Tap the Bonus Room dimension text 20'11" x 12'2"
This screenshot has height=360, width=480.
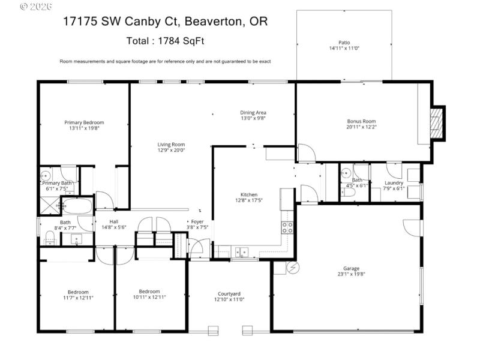[x=361, y=127]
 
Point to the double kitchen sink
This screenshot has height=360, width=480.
[x=241, y=251]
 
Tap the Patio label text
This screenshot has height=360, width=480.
[x=344, y=43]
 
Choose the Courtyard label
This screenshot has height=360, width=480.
[x=229, y=293]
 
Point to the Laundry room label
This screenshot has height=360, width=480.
[x=394, y=182]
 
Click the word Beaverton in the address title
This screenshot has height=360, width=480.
[x=212, y=22]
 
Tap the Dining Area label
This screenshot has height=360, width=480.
[x=253, y=112]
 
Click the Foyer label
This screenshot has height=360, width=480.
[x=197, y=221]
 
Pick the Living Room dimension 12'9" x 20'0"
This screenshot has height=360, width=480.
[x=171, y=151]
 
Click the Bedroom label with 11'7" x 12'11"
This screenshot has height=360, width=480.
[x=78, y=292]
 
